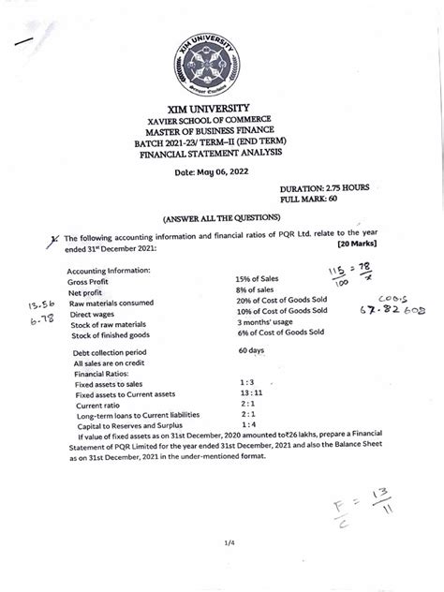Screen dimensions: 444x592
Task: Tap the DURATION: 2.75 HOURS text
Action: [324, 188]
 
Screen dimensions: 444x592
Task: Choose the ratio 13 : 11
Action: [253, 393]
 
